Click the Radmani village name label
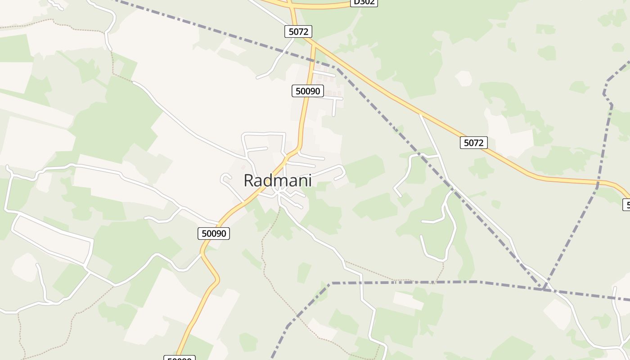click(x=277, y=180)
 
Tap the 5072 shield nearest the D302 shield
click(x=298, y=31)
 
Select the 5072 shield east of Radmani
click(x=474, y=143)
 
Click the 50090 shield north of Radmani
click(x=307, y=91)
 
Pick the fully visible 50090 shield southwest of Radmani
click(x=214, y=233)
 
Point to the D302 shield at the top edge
click(x=364, y=2)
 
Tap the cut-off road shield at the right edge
click(x=626, y=205)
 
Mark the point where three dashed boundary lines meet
click(x=544, y=288)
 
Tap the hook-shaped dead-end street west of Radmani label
click(x=224, y=178)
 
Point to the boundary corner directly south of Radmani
click(x=331, y=283)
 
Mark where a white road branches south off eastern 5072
click(x=420, y=114)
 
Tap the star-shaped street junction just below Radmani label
click(x=279, y=193)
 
